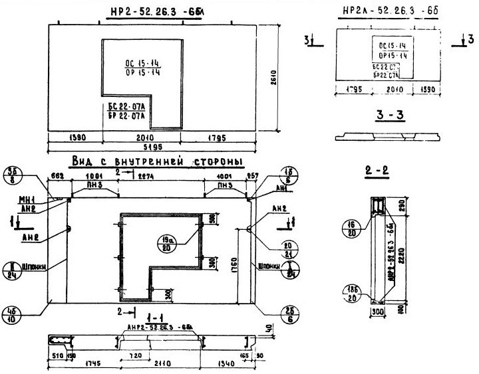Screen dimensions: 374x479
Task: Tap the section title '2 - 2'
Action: pos(378,179)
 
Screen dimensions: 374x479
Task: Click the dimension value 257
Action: pos(251,177)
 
